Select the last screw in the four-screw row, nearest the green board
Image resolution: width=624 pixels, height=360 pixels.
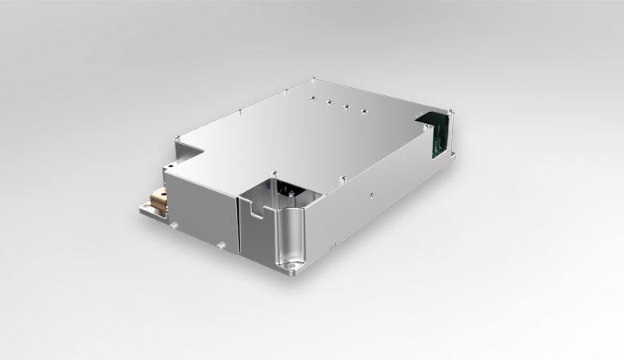(x=363, y=111)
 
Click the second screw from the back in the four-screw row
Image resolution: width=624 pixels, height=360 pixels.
(x=328, y=102)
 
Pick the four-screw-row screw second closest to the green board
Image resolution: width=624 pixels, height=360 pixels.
(x=346, y=106)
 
